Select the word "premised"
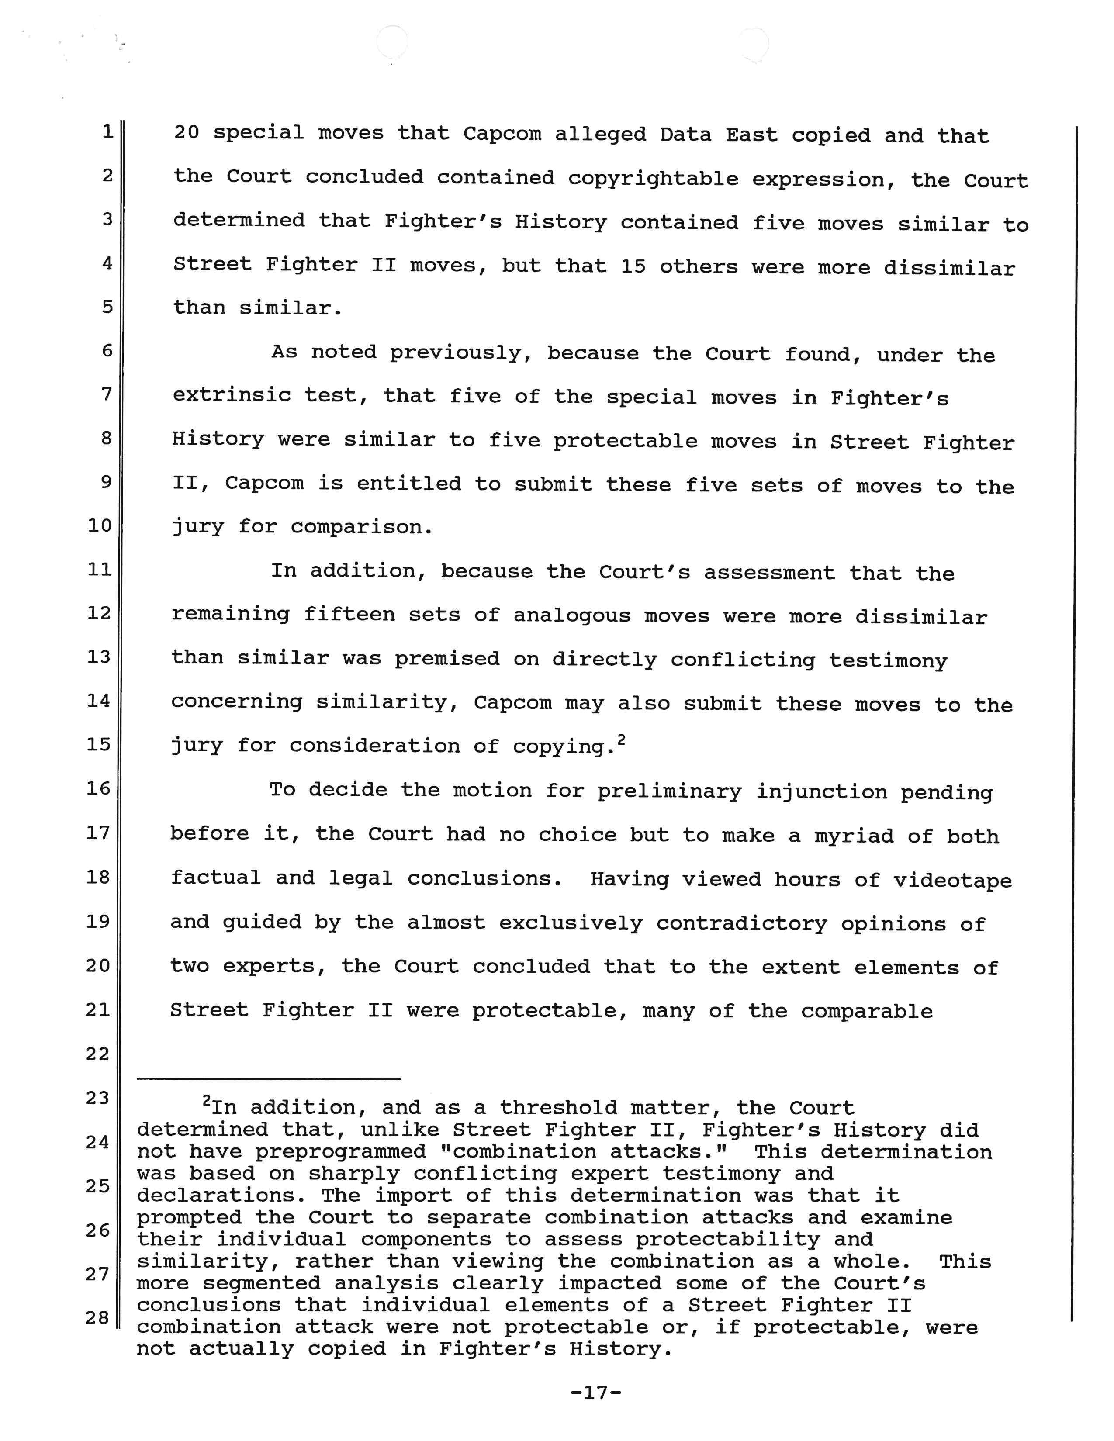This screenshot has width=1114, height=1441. (447, 659)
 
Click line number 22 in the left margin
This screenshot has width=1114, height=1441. (98, 1054)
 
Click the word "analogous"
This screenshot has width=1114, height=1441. (571, 616)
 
